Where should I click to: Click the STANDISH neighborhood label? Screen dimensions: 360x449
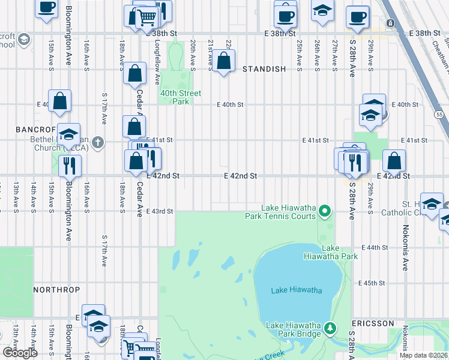tap(264, 69)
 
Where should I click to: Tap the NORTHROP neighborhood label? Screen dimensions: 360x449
tap(56, 290)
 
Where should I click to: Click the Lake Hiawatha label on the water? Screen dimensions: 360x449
tap(296, 290)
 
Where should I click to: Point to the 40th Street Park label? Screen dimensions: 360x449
tap(181, 97)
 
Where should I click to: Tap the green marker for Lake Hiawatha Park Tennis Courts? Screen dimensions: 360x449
tap(325, 210)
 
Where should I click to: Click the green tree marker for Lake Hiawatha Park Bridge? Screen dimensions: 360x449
tap(330, 328)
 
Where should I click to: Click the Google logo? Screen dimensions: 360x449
tap(20, 353)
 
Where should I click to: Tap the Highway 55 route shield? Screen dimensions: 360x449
tap(439, 114)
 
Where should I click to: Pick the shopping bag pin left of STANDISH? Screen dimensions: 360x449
tap(223, 62)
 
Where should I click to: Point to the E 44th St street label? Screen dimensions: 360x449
tap(376, 247)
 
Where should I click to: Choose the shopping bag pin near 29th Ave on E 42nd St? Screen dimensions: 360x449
tap(394, 161)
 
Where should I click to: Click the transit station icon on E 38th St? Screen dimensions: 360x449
tap(390, 23)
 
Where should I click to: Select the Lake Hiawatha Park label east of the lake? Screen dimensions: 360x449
tap(340, 252)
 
